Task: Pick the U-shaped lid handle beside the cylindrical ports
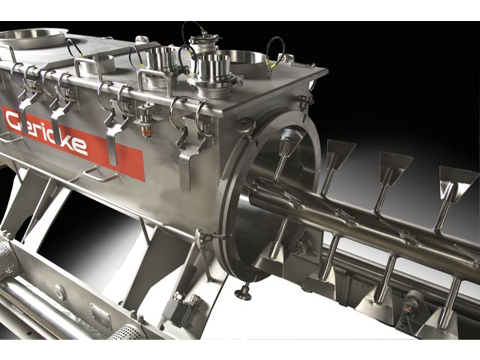point(154,80)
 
